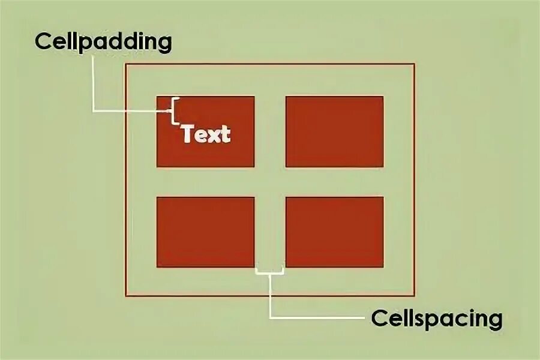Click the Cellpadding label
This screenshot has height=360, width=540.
tap(103, 42)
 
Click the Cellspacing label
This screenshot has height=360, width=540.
tap(436, 318)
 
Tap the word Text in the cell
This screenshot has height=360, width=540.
tap(206, 134)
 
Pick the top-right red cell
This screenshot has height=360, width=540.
tap(334, 131)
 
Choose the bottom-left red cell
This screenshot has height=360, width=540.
tap(205, 232)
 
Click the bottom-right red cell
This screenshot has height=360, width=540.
tap(334, 232)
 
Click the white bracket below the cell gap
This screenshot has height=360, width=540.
tap(269, 272)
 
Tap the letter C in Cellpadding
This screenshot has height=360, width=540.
tap(43, 42)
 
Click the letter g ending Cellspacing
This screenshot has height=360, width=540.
tap(494, 320)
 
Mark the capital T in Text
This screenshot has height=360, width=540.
tap(188, 134)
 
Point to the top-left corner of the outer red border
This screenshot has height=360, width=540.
tap(126, 64)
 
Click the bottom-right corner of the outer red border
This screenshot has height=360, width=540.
tap(414, 295)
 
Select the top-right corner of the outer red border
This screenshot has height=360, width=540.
tap(414, 64)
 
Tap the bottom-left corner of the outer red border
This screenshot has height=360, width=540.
tap(126, 295)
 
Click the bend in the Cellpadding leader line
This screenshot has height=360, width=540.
tap(94, 111)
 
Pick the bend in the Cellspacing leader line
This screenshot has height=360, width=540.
tap(270, 316)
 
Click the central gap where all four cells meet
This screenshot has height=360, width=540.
tap(270, 182)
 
